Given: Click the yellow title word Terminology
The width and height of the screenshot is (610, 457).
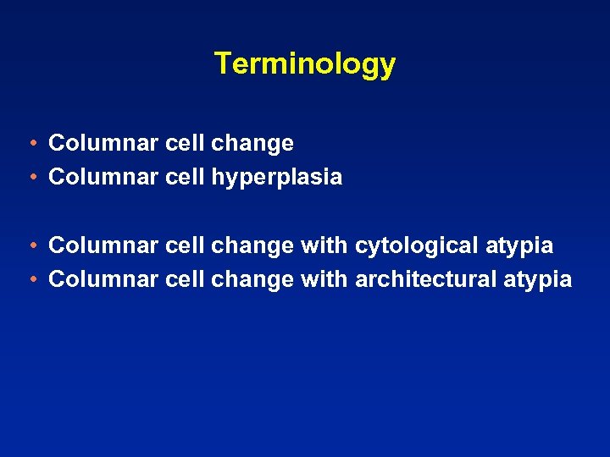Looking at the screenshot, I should click(304, 63).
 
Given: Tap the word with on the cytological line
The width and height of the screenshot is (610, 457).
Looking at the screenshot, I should click(324, 245).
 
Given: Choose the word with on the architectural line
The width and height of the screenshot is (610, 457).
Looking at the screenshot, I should click(324, 279).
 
